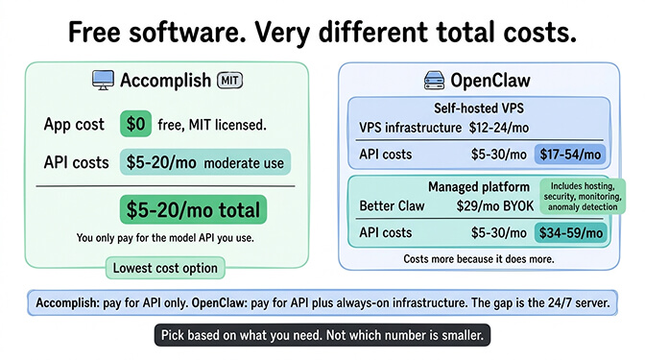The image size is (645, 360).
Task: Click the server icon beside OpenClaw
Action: (x=433, y=82)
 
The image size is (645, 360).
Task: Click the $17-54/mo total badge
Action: (x=570, y=154)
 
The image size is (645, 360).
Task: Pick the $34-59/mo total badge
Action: (x=570, y=231)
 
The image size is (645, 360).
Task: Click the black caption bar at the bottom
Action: (x=322, y=336)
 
